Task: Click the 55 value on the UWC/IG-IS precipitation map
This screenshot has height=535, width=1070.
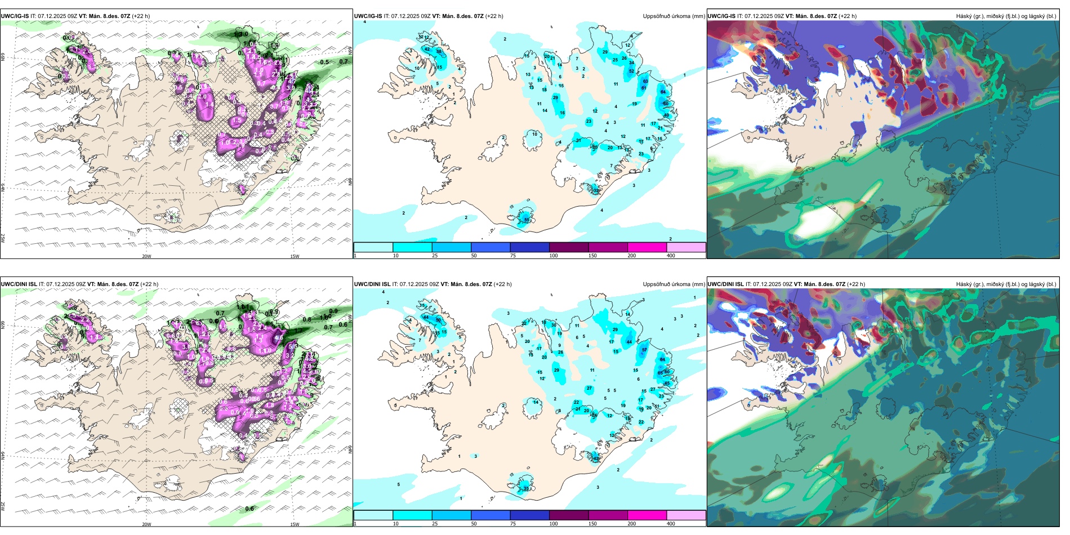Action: (527, 220)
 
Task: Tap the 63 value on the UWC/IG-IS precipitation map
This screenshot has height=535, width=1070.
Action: (645, 81)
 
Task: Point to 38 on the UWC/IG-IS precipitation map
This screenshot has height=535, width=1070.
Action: (439, 51)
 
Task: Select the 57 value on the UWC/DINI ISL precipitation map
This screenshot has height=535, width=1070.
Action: (645, 350)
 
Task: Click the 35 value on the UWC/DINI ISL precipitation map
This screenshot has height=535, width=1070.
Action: (527, 489)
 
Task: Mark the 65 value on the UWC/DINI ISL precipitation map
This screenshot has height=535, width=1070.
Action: (660, 373)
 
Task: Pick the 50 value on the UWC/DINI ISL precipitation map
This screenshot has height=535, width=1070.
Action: (438, 320)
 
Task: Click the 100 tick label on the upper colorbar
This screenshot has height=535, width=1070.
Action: (554, 256)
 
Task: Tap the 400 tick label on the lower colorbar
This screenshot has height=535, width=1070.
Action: (671, 524)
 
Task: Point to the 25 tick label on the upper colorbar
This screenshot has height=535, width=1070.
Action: (435, 256)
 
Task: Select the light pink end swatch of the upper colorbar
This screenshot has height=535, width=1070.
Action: (686, 247)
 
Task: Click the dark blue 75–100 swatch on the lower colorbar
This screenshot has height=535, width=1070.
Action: (529, 515)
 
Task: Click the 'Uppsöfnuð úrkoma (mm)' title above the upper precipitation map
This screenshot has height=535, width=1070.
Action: (674, 16)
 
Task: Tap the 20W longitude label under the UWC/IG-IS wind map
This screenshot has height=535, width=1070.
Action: (146, 256)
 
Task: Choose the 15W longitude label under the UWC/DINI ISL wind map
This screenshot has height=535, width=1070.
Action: (295, 524)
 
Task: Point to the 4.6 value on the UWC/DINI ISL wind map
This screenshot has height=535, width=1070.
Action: (279, 338)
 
